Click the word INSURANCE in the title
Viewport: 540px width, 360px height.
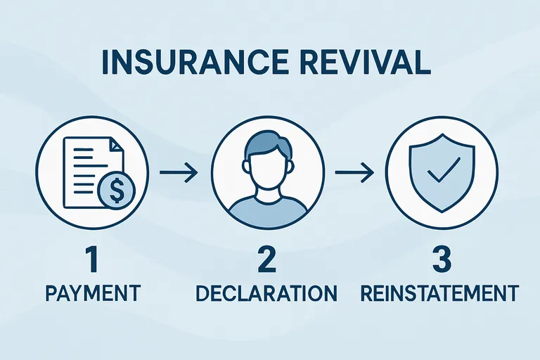click(x=185, y=61)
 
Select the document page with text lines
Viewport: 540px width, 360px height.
click(x=85, y=166)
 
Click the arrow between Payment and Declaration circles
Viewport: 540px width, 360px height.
click(x=178, y=171)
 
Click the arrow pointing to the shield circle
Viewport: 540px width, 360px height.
click(x=352, y=171)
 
